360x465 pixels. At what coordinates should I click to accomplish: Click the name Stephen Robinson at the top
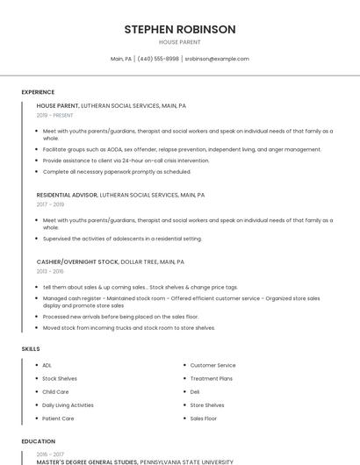tap(180, 29)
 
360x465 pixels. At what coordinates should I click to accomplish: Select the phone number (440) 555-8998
tap(158, 59)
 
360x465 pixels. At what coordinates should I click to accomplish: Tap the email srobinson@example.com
tap(217, 59)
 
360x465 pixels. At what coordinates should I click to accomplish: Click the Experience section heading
tap(38, 92)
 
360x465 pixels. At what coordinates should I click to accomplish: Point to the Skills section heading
tap(31, 349)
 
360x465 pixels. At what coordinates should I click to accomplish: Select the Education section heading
tap(39, 441)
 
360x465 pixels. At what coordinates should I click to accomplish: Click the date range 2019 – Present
tap(55, 115)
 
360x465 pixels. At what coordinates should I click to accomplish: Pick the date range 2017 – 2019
tap(50, 204)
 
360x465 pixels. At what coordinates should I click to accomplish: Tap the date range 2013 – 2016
tap(50, 271)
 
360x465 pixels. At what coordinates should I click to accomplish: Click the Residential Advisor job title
tap(67, 195)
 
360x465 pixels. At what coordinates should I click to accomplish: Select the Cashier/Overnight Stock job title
tap(77, 261)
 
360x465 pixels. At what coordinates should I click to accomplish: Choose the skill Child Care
tap(55, 391)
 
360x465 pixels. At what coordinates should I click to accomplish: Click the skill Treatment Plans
tap(212, 378)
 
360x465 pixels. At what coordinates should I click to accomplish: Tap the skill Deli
tap(195, 391)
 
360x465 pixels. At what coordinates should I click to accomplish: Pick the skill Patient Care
tap(58, 418)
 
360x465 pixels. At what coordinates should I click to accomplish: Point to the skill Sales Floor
tap(205, 418)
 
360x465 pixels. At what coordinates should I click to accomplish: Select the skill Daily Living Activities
tap(68, 405)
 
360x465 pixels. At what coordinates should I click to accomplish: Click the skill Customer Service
tap(213, 365)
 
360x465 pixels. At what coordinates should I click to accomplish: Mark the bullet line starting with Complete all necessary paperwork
tap(117, 172)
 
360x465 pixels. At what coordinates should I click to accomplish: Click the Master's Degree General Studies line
tap(87, 461)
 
